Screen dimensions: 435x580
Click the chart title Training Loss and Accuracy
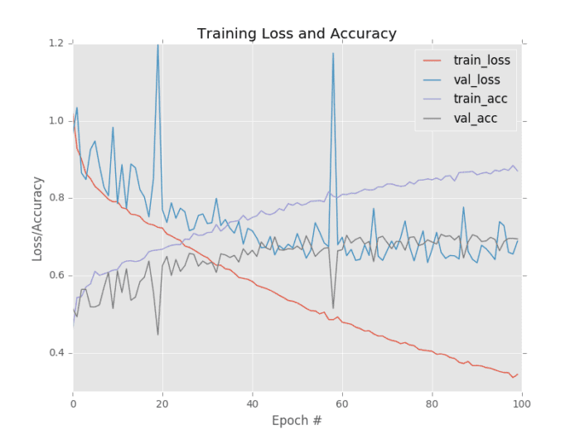coord(297,34)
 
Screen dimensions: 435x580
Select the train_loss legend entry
coord(481,60)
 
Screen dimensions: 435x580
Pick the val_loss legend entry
coord(476,80)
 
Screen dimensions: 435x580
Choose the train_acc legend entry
coord(480,99)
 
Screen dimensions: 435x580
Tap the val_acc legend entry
coord(475,119)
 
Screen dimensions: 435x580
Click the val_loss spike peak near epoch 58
coord(333,54)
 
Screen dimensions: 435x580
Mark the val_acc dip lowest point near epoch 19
coord(158,334)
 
